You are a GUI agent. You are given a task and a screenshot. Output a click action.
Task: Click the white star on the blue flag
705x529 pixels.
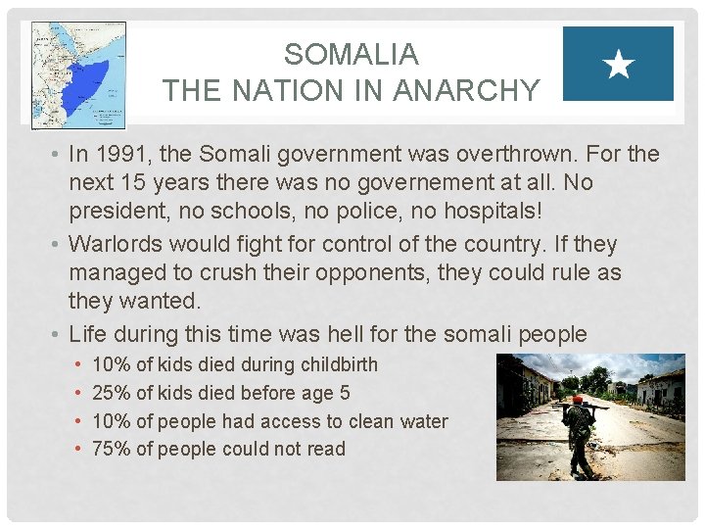pyautogui.click(x=619, y=66)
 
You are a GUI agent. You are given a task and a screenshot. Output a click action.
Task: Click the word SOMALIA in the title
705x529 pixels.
pyautogui.click(x=351, y=54)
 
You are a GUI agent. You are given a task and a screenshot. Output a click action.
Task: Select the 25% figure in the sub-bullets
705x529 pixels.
pyautogui.click(x=111, y=394)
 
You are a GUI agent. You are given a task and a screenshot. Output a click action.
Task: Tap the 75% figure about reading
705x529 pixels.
pyautogui.click(x=111, y=450)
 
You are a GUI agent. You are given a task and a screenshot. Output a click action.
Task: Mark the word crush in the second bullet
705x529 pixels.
pyautogui.click(x=246, y=272)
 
